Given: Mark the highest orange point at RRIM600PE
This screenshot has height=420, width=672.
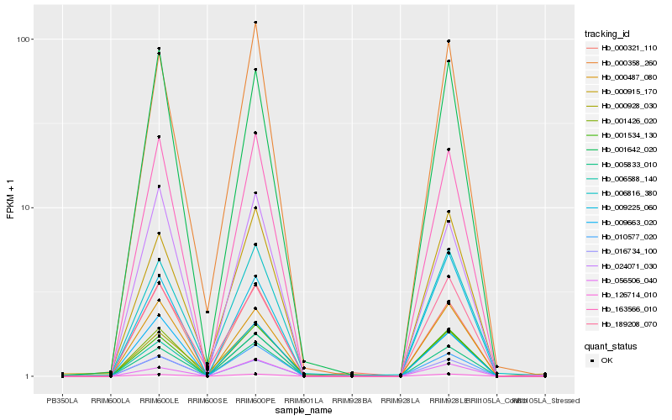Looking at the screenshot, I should (x=255, y=23).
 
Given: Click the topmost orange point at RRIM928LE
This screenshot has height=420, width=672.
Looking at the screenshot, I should (x=449, y=41).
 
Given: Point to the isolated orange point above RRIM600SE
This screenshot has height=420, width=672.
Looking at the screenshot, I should (x=207, y=312).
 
